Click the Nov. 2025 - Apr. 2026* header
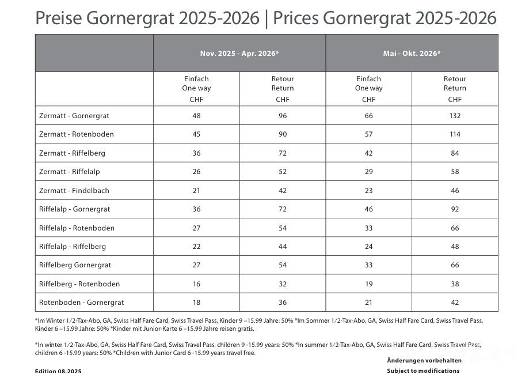[x=239, y=54]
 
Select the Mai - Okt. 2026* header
[x=412, y=54]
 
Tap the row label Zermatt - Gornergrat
[x=74, y=116]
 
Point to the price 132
[x=455, y=116]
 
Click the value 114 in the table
[x=455, y=134]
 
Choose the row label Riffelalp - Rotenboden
[x=77, y=228]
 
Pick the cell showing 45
[x=196, y=134]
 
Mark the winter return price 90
[x=283, y=134]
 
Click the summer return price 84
[x=455, y=153]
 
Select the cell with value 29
[x=369, y=172]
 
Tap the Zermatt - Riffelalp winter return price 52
[x=283, y=172]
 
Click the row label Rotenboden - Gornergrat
[x=82, y=303]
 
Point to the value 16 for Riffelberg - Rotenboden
[x=196, y=284]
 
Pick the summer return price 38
[x=455, y=284]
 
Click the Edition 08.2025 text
[x=58, y=371]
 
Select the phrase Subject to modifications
[x=423, y=371]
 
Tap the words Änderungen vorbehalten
[x=424, y=361]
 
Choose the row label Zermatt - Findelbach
[x=74, y=191]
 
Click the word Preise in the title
[x=58, y=18]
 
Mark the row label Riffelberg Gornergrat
[x=75, y=265]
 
